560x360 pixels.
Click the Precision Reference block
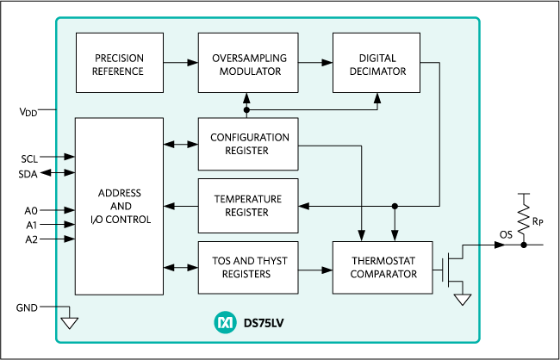pos(119,64)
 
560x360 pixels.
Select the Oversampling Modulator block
pos(248,64)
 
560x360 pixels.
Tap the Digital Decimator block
pos(376,64)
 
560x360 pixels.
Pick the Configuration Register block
pos(248,144)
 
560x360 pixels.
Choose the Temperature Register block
pos(248,206)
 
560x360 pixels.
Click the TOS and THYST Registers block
pos(248,268)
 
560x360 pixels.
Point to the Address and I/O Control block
pos(119,206)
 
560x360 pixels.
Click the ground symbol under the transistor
pos(463,299)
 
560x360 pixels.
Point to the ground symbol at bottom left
pos(69,322)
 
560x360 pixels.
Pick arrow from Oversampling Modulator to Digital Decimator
pos(315,63)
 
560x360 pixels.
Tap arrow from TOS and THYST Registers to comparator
pos(315,269)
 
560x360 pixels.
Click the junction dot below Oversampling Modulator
pos(247,110)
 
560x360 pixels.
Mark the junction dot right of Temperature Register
pos(395,206)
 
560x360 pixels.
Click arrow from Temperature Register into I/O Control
pos(180,206)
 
